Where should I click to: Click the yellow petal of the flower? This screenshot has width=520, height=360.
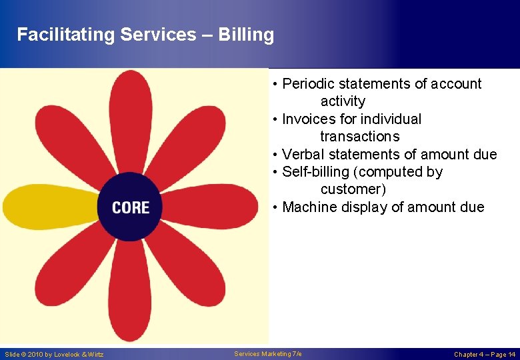point(47,206)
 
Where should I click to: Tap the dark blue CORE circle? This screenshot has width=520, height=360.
point(131,207)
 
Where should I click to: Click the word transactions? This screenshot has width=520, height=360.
point(359,137)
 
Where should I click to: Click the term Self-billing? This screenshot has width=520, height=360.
point(316,172)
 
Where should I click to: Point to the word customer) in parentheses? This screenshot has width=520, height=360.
point(353,189)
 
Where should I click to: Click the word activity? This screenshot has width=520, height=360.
point(343,101)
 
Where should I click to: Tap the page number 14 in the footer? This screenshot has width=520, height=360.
point(511,355)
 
